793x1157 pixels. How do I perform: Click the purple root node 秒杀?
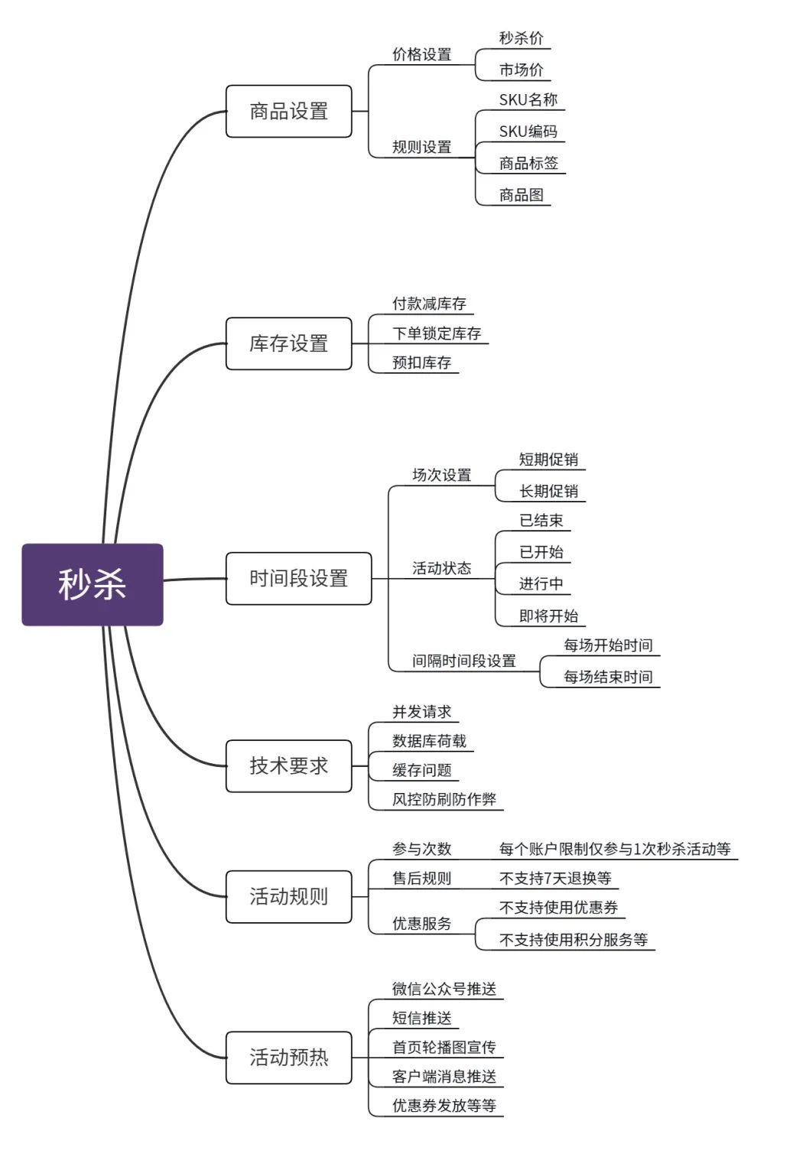click(93, 584)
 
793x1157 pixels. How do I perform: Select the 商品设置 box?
click(289, 111)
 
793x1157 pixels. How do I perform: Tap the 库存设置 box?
click(289, 343)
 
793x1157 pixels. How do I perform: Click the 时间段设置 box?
click(298, 578)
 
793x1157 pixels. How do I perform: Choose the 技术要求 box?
click(289, 766)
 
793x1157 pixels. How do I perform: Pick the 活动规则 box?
click(289, 897)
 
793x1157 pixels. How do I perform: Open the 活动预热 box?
click(289, 1058)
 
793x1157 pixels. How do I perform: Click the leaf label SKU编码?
click(528, 132)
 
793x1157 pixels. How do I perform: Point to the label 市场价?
click(521, 70)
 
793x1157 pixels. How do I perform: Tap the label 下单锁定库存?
click(437, 333)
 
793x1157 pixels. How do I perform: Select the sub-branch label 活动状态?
click(442, 568)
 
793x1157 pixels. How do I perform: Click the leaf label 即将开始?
click(548, 616)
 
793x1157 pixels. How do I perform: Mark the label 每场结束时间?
click(608, 677)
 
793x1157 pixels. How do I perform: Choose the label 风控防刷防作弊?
click(444, 800)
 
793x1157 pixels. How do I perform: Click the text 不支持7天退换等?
click(555, 878)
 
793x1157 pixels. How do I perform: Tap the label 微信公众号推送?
click(444, 989)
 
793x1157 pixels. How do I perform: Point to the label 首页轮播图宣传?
click(444, 1047)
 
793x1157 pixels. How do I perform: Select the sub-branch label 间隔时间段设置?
click(464, 661)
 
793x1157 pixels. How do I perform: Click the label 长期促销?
click(548, 491)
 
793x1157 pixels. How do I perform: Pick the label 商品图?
click(521, 195)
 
